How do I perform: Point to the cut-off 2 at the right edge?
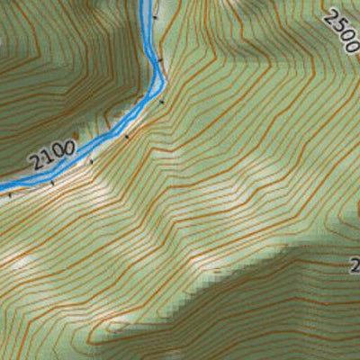pyautogui.click(x=355, y=265)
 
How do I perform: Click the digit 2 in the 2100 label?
pyautogui.click(x=35, y=165)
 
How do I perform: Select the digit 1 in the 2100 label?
pyautogui.click(x=46, y=159)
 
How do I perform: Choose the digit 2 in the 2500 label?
pyautogui.click(x=328, y=19)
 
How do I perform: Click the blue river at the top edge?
pyautogui.click(x=145, y=4)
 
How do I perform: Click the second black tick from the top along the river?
pyautogui.click(x=162, y=59)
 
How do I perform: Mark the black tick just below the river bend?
pyautogui.click(x=163, y=102)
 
